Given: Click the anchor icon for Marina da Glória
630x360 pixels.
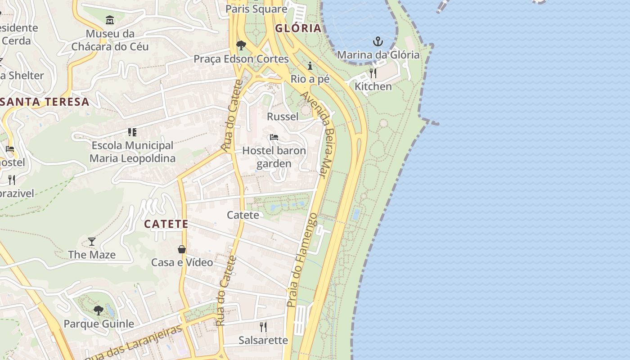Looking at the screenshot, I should [x=378, y=42].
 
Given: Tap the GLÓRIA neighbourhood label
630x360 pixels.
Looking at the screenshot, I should [x=298, y=28].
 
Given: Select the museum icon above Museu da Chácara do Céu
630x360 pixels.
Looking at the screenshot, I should [x=110, y=20].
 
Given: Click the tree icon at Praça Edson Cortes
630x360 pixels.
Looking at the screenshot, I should [x=241, y=45].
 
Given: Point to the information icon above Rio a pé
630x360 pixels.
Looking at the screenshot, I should [x=310, y=66].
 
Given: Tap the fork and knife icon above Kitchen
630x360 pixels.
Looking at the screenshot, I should [x=373, y=73].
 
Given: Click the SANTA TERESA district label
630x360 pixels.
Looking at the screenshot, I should [x=45, y=102].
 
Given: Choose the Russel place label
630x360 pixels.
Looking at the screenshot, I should [x=283, y=117].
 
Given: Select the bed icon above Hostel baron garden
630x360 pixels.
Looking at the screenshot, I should [x=274, y=137].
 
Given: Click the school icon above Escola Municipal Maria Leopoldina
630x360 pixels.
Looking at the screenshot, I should [x=132, y=132].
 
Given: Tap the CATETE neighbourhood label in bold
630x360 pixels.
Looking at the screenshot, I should [x=166, y=224].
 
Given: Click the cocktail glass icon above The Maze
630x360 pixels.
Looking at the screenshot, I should [x=92, y=242].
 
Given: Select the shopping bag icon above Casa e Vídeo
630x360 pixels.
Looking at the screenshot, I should [x=182, y=249].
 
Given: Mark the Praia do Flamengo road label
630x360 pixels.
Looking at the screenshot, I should [x=302, y=260].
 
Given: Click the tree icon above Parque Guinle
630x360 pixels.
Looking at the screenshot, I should [x=99, y=310].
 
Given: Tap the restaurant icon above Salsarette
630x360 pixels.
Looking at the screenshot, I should [x=263, y=327].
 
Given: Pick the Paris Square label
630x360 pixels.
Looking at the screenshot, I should [x=256, y=9].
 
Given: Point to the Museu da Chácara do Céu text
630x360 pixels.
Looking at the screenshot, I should [x=110, y=40].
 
